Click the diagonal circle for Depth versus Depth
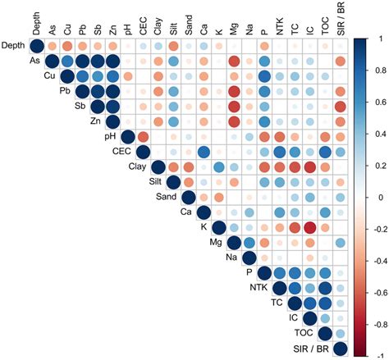[x=37, y=46]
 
